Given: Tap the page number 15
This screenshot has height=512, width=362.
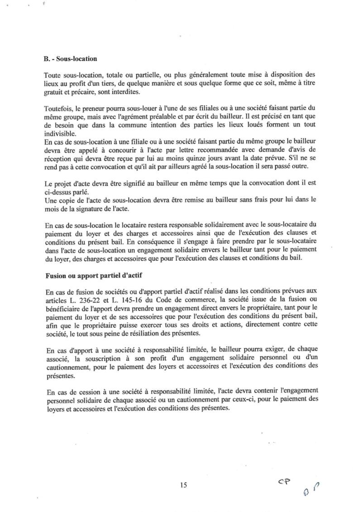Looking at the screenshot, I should point(183,485).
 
